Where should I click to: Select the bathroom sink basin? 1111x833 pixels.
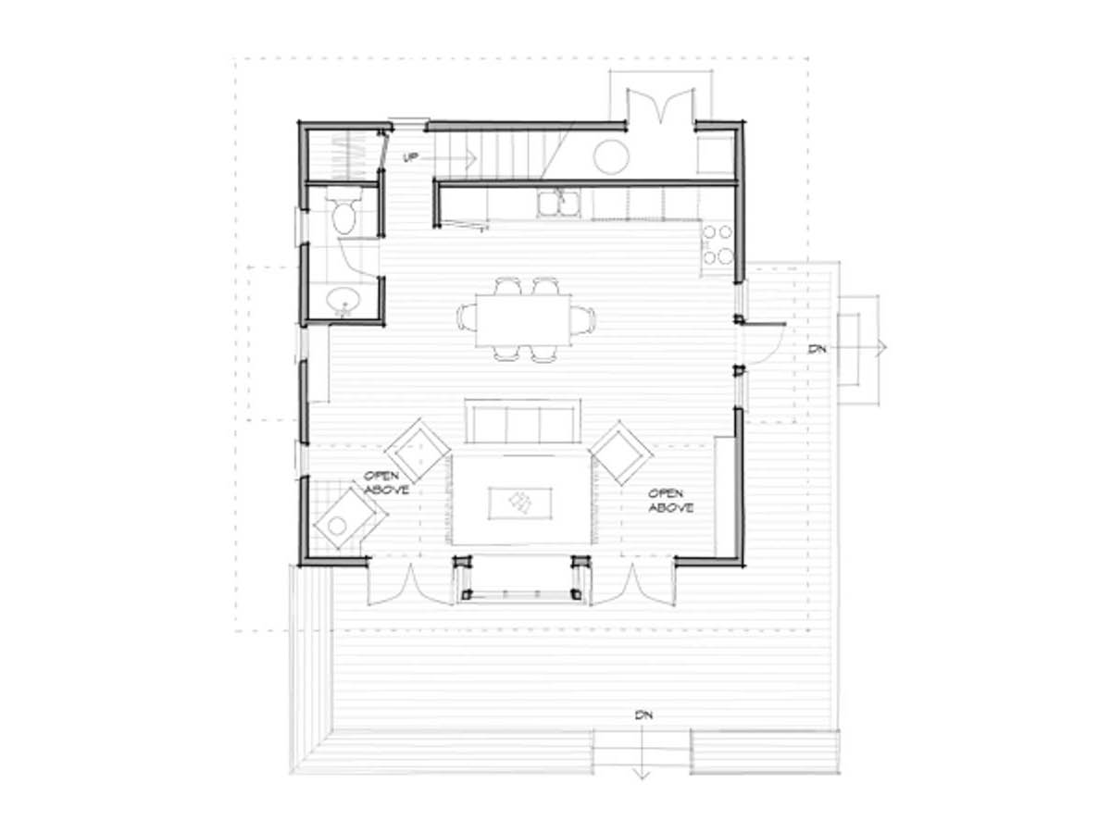(343, 299)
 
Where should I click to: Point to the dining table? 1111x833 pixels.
(523, 320)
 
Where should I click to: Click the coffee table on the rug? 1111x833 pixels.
(519, 504)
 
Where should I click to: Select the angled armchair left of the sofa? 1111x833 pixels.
(417, 450)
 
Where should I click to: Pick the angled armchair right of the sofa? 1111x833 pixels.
(621, 453)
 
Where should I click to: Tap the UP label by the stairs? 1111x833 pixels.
(410, 157)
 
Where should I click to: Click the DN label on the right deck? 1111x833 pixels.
(817, 349)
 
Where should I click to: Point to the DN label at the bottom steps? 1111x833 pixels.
(644, 715)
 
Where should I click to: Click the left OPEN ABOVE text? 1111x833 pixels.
(386, 482)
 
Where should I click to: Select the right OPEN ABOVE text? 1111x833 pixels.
(670, 500)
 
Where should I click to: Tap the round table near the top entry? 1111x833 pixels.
(611, 156)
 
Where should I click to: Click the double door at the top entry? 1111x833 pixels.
(660, 106)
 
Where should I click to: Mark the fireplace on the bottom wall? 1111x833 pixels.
(521, 578)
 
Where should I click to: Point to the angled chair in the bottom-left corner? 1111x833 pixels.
(349, 519)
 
